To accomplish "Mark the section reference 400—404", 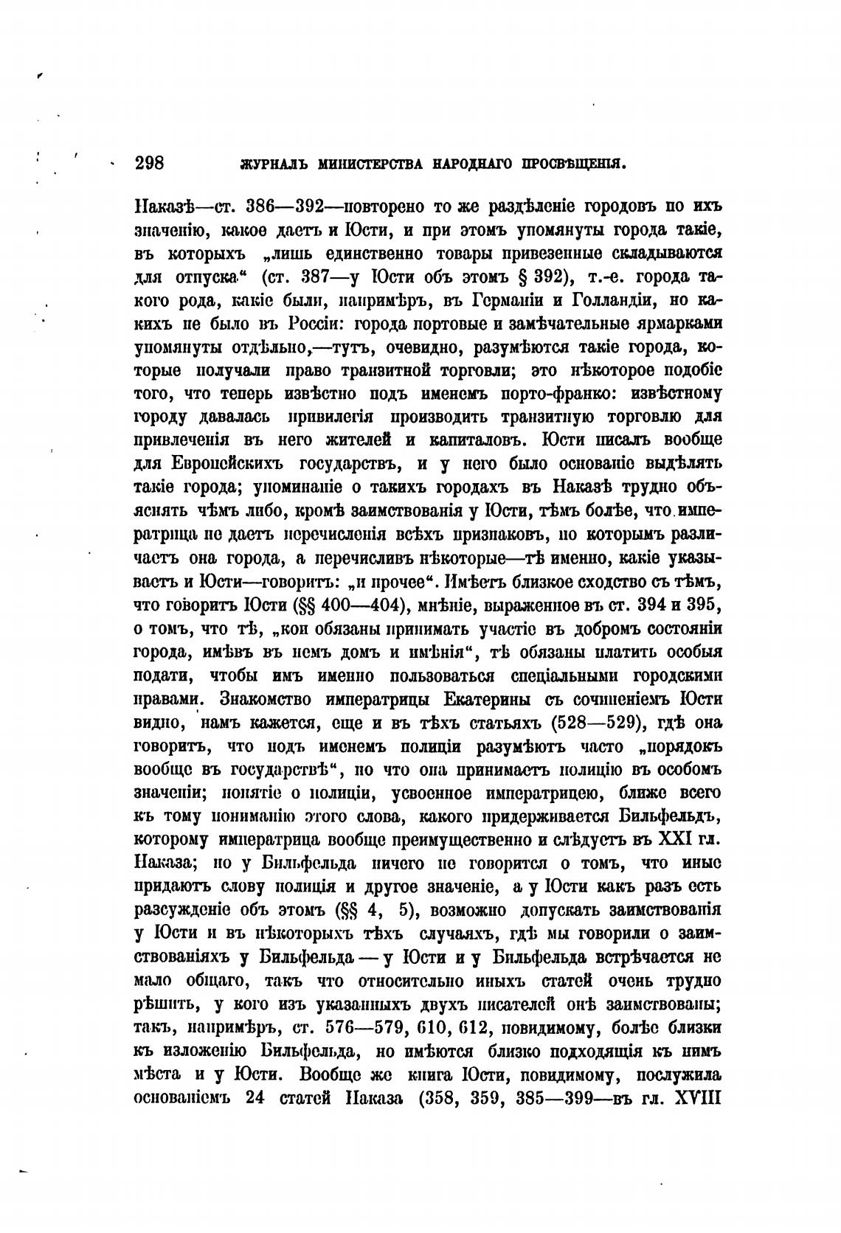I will [x=358, y=606].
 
